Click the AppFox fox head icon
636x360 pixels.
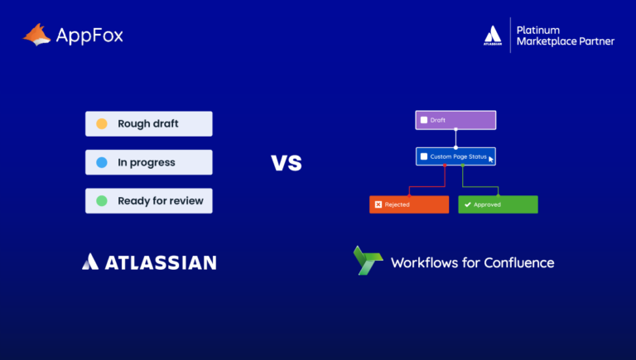[x=36, y=34]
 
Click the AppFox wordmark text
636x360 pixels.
[x=89, y=35]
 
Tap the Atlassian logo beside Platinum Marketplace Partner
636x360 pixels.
[x=492, y=36]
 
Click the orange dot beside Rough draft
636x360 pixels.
[x=102, y=124]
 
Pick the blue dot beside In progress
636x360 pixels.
[x=102, y=162]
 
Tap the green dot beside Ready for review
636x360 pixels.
[x=102, y=200]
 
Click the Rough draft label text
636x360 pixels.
[x=147, y=124]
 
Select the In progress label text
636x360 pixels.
[x=146, y=162]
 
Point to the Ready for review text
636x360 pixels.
[x=160, y=200]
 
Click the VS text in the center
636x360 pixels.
[x=287, y=162]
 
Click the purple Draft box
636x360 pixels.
[x=455, y=120]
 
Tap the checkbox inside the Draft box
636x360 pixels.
[x=423, y=120]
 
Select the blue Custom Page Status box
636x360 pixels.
[x=455, y=156]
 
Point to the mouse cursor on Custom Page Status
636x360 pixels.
[x=491, y=159]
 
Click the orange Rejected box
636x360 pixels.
[x=408, y=204]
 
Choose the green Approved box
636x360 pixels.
[x=498, y=204]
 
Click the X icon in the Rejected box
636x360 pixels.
[x=378, y=204]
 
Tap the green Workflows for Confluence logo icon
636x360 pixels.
[x=366, y=261]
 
